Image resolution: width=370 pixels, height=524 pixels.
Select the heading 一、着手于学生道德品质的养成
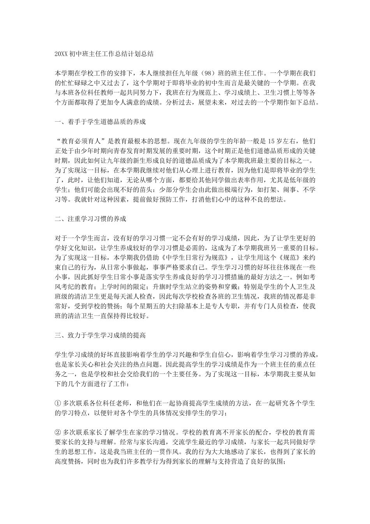point(100,122)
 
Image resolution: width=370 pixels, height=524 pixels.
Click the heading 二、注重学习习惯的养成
point(90,219)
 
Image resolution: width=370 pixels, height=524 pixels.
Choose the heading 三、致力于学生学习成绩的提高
point(100,335)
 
